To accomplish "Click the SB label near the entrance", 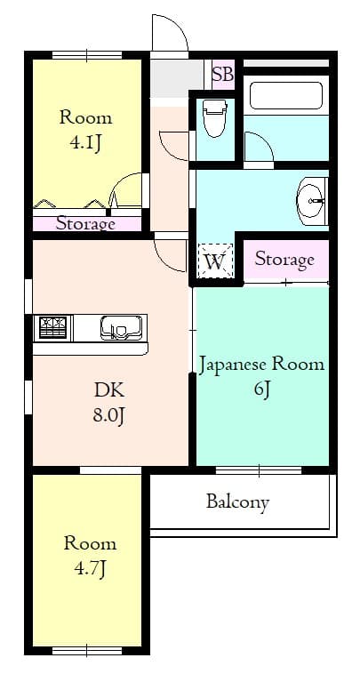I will (x=222, y=75).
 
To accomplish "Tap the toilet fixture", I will (x=214, y=117).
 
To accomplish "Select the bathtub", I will (x=284, y=96).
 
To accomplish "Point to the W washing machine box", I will (x=214, y=261).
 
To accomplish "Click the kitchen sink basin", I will (x=123, y=327).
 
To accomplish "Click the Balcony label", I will (x=237, y=502).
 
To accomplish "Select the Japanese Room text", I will (x=260, y=364).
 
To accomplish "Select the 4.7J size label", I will (x=89, y=567).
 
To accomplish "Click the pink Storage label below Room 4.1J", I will (x=85, y=223).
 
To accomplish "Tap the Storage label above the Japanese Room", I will (x=284, y=259).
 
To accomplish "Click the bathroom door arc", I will (x=258, y=148).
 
